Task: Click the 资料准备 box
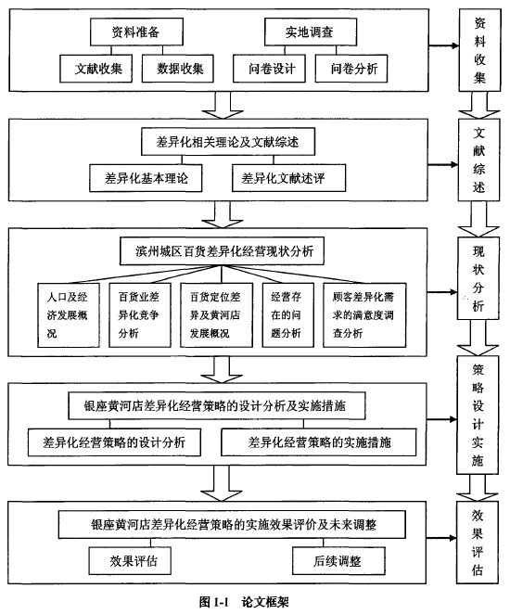click(136, 32)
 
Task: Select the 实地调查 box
click(311, 32)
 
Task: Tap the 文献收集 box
click(96, 69)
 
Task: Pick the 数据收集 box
click(178, 69)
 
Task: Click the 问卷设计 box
click(269, 69)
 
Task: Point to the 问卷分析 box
click(351, 69)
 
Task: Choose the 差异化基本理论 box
click(146, 178)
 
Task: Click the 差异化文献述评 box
click(289, 178)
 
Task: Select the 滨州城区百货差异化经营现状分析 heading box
click(222, 251)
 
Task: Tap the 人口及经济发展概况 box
click(69, 315)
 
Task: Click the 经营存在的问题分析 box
click(288, 315)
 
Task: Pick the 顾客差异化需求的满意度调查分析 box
click(364, 315)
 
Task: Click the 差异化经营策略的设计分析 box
click(114, 442)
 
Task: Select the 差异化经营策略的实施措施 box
click(319, 442)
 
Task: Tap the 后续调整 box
click(338, 561)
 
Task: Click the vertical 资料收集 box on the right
click(479, 50)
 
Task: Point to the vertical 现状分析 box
click(478, 278)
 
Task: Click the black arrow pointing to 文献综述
click(442, 165)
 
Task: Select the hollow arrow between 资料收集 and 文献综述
click(479, 105)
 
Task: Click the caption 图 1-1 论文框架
click(244, 601)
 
